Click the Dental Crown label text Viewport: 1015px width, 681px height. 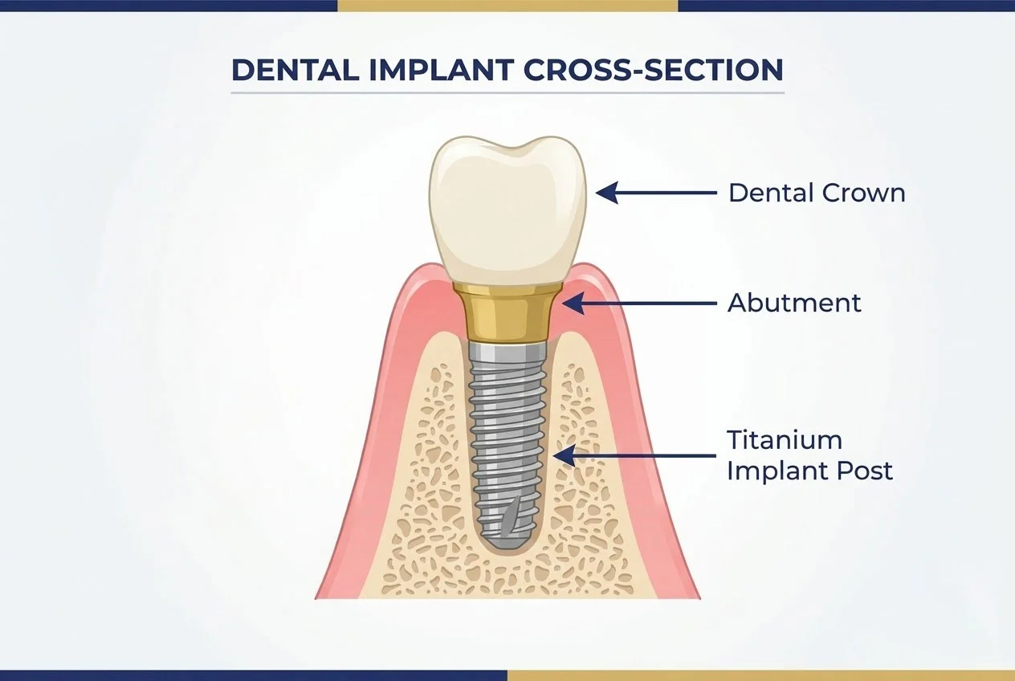click(x=816, y=193)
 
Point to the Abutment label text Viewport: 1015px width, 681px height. click(x=793, y=303)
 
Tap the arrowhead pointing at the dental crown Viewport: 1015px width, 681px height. click(x=607, y=193)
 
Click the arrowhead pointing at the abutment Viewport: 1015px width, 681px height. click(x=573, y=303)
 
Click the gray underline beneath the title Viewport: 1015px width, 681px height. click(x=507, y=92)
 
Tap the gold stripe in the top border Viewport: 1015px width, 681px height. click(x=507, y=6)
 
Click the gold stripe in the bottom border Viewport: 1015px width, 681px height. click(x=760, y=675)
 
